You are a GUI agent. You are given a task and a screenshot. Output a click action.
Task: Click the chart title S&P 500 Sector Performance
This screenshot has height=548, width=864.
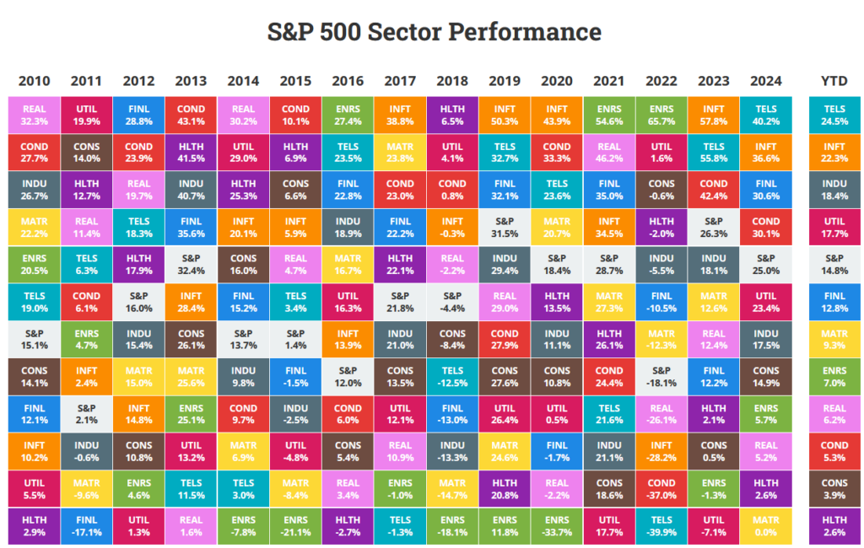[x=434, y=32]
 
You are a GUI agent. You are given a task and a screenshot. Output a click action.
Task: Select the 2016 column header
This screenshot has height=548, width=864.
[x=348, y=81]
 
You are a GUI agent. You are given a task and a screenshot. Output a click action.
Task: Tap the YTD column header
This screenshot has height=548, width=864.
[x=834, y=81]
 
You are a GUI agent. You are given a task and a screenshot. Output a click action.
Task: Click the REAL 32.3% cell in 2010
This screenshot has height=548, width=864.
[x=34, y=115]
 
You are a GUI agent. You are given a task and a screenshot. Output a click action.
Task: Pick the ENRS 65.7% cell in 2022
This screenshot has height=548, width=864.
[x=661, y=115]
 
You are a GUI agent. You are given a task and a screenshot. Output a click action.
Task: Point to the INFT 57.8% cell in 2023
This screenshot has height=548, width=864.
[x=714, y=115]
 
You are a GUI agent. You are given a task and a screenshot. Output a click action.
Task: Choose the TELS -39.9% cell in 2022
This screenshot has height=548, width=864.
[x=661, y=526]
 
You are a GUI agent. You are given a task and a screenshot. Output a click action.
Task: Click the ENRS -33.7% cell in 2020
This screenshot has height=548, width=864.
[x=557, y=526]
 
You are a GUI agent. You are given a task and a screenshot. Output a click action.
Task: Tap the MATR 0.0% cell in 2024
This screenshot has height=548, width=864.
[x=766, y=526]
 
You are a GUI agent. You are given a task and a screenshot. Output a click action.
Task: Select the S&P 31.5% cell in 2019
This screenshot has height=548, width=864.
[x=505, y=227]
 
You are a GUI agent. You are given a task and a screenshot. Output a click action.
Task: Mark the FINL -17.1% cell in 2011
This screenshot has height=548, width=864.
[x=86, y=526]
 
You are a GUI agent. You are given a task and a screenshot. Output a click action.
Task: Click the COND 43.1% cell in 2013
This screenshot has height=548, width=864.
[x=191, y=115]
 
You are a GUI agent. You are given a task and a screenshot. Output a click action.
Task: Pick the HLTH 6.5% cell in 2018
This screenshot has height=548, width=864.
[x=452, y=115]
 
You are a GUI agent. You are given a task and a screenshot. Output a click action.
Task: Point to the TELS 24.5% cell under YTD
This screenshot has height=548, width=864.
[x=834, y=115]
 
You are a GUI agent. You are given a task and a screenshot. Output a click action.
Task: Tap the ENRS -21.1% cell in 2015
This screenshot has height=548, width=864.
[x=295, y=526]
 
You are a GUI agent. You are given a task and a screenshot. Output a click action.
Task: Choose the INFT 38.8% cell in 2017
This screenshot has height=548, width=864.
[x=400, y=115]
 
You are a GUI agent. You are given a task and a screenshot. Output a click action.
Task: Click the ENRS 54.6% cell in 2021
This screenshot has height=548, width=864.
[x=609, y=115]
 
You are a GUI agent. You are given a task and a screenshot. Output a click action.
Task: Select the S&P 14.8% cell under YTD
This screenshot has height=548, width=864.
[x=834, y=264]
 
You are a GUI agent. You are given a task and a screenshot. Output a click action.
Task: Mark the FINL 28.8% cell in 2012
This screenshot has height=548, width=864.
[x=138, y=115]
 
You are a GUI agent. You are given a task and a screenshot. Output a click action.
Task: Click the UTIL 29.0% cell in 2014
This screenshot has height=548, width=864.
[x=243, y=152]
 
